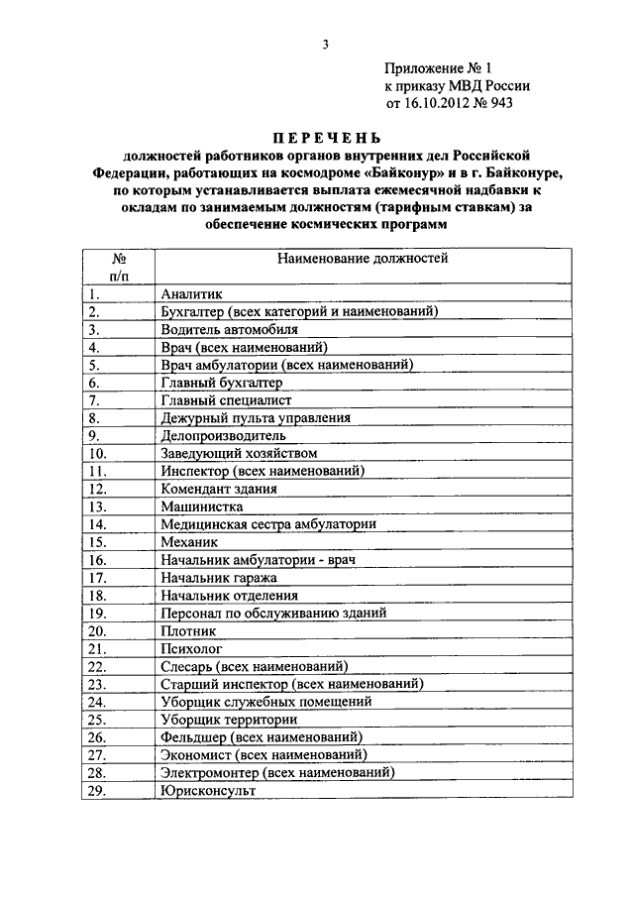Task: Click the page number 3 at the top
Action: click(x=324, y=45)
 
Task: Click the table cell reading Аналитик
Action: click(x=192, y=293)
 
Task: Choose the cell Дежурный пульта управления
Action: click(x=255, y=418)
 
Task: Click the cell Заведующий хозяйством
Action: click(x=239, y=453)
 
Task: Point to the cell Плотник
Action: click(x=188, y=630)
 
